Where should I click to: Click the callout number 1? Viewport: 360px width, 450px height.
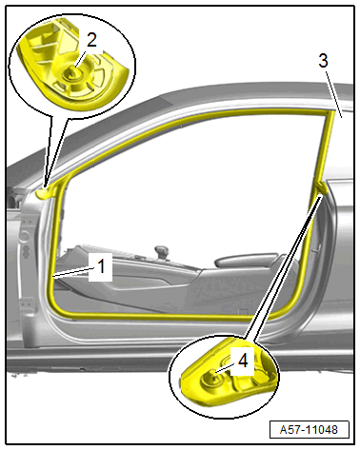(x=101, y=266)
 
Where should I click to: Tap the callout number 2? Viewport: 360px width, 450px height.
(x=91, y=40)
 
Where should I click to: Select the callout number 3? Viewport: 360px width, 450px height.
(x=323, y=61)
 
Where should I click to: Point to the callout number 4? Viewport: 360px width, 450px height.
(x=243, y=361)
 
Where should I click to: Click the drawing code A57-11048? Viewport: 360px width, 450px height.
(x=309, y=430)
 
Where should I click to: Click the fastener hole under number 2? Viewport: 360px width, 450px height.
(x=71, y=73)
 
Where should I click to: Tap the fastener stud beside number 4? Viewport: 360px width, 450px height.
(x=211, y=378)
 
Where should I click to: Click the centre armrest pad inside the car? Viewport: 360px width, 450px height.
(x=246, y=260)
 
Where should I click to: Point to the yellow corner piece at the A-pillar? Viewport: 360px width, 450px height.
(x=45, y=192)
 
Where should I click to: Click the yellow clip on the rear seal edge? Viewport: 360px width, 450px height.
(x=321, y=187)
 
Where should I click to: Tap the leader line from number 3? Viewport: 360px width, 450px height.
(x=333, y=93)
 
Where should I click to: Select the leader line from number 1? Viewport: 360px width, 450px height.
(x=74, y=272)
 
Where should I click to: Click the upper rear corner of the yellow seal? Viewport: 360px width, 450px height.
(x=330, y=112)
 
